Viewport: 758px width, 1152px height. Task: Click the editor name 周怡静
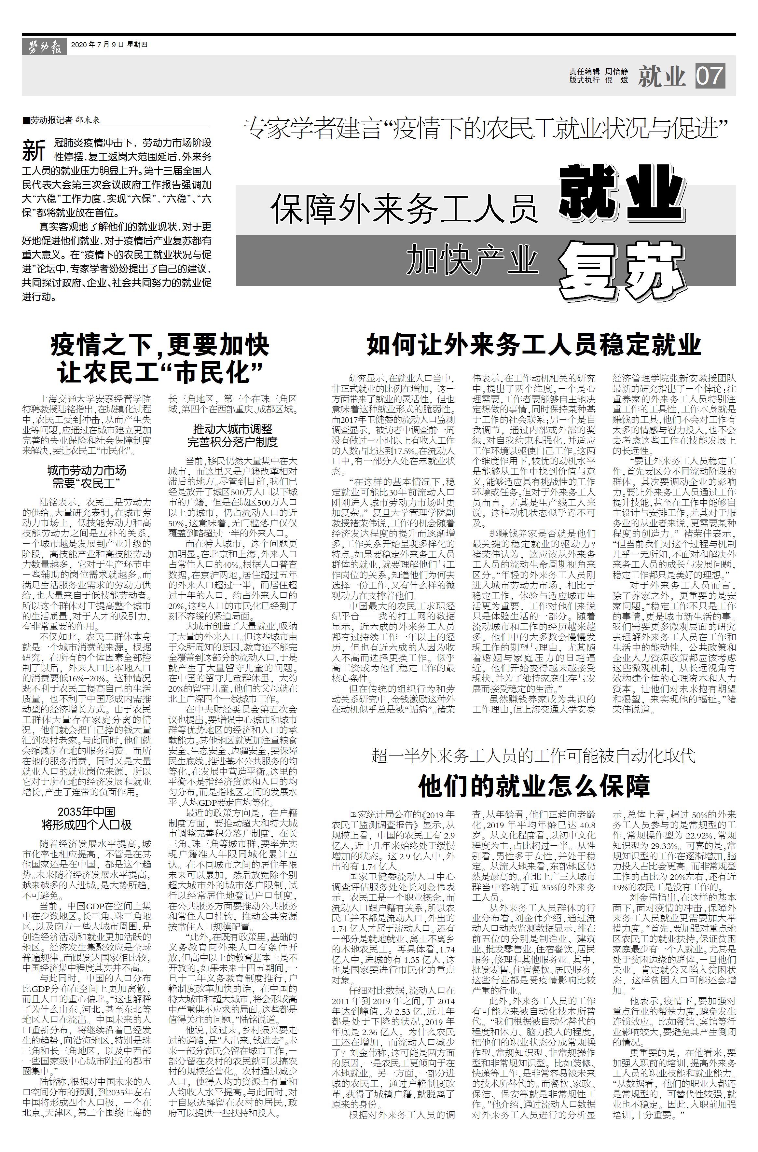coord(617,72)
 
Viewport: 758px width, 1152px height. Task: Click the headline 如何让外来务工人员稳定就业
coord(534,345)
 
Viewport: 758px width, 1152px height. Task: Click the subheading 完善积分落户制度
coord(233,441)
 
